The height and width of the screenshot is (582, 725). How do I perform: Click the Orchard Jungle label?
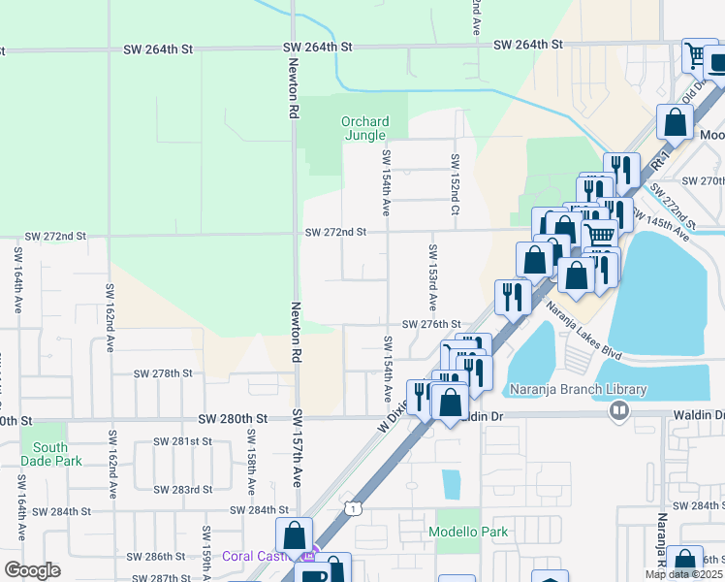[364, 128]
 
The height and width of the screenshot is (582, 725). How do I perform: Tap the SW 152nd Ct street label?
[454, 184]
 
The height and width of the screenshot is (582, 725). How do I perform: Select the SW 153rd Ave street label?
[431, 277]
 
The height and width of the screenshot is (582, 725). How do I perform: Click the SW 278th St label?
[163, 373]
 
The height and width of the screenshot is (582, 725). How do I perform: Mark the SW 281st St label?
[182, 441]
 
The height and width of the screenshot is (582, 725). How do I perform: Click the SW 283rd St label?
[182, 490]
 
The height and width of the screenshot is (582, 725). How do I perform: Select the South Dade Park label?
[49, 454]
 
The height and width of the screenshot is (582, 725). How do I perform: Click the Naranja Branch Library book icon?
[617, 410]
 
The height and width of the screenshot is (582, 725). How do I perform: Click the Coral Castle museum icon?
[309, 556]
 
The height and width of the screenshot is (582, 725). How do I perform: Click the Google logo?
[32, 570]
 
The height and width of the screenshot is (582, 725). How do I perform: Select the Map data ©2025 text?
[683, 574]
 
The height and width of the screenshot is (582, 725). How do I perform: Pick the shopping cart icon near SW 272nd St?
[600, 235]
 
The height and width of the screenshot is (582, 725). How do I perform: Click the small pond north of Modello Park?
[451, 484]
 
